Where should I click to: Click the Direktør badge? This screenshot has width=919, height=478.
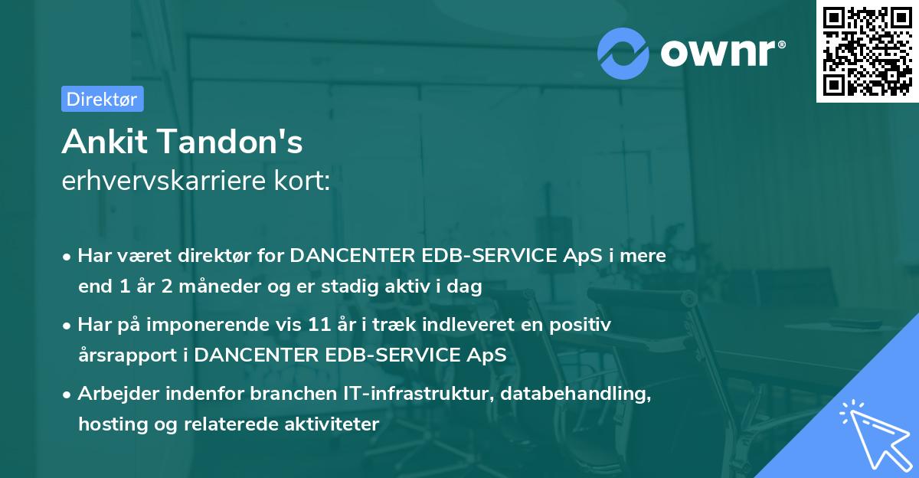pyautogui.click(x=102, y=99)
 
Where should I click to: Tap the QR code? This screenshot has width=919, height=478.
pyautogui.click(x=867, y=51)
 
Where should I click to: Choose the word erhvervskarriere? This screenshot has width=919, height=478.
pyautogui.click(x=163, y=182)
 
